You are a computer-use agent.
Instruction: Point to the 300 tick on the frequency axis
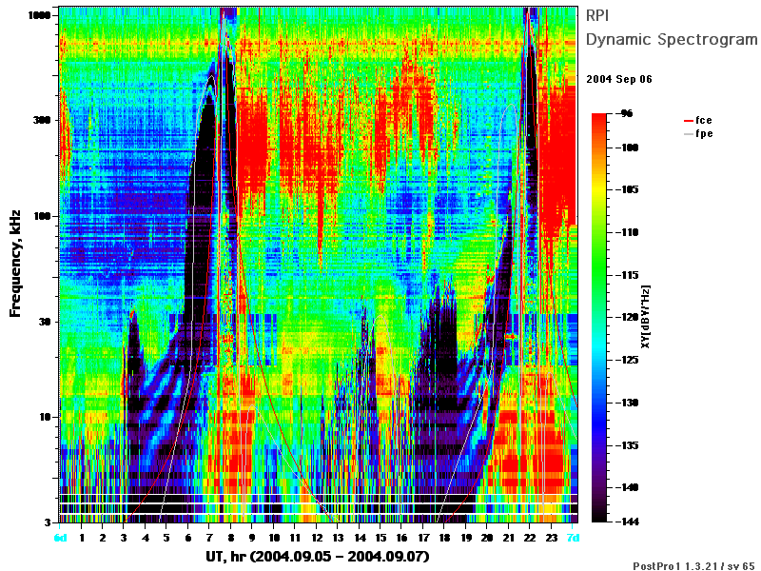[42, 120]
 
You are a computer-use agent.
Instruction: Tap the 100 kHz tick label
[42, 216]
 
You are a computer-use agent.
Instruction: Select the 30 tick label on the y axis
[45, 322]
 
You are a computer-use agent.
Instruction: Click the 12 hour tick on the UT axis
[317, 538]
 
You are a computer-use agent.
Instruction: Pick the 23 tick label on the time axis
[552, 538]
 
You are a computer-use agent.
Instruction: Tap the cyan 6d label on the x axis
[61, 538]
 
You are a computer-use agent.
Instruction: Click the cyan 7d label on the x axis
[574, 538]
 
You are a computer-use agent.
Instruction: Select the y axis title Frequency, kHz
[15, 264]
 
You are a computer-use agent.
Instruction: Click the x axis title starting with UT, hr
[318, 556]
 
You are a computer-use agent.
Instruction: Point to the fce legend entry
[698, 120]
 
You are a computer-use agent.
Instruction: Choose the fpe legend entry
[698, 133]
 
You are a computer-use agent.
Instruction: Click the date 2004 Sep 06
[619, 79]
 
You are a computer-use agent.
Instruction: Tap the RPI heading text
[597, 15]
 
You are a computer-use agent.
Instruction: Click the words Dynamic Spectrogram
[672, 39]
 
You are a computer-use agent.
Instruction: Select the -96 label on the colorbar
[626, 113]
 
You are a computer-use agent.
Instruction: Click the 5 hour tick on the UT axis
[166, 538]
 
